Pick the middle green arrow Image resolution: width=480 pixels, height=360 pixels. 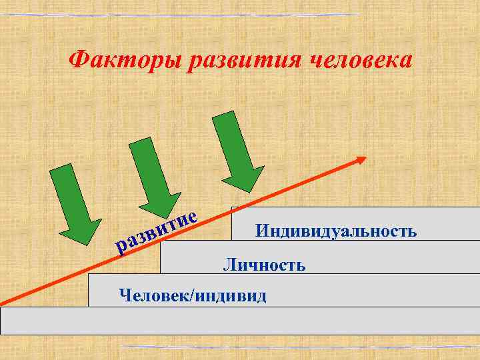[153, 175]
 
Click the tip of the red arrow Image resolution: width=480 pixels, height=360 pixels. [364, 158]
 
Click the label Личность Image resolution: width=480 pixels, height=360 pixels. [264, 265]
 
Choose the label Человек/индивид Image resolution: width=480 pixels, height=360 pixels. [192, 295]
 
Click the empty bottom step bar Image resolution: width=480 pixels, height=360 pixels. [240, 320]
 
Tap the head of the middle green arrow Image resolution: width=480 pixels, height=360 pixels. [160, 203]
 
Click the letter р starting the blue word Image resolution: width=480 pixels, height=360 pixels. [120, 249]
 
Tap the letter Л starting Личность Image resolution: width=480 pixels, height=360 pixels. [228, 265]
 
